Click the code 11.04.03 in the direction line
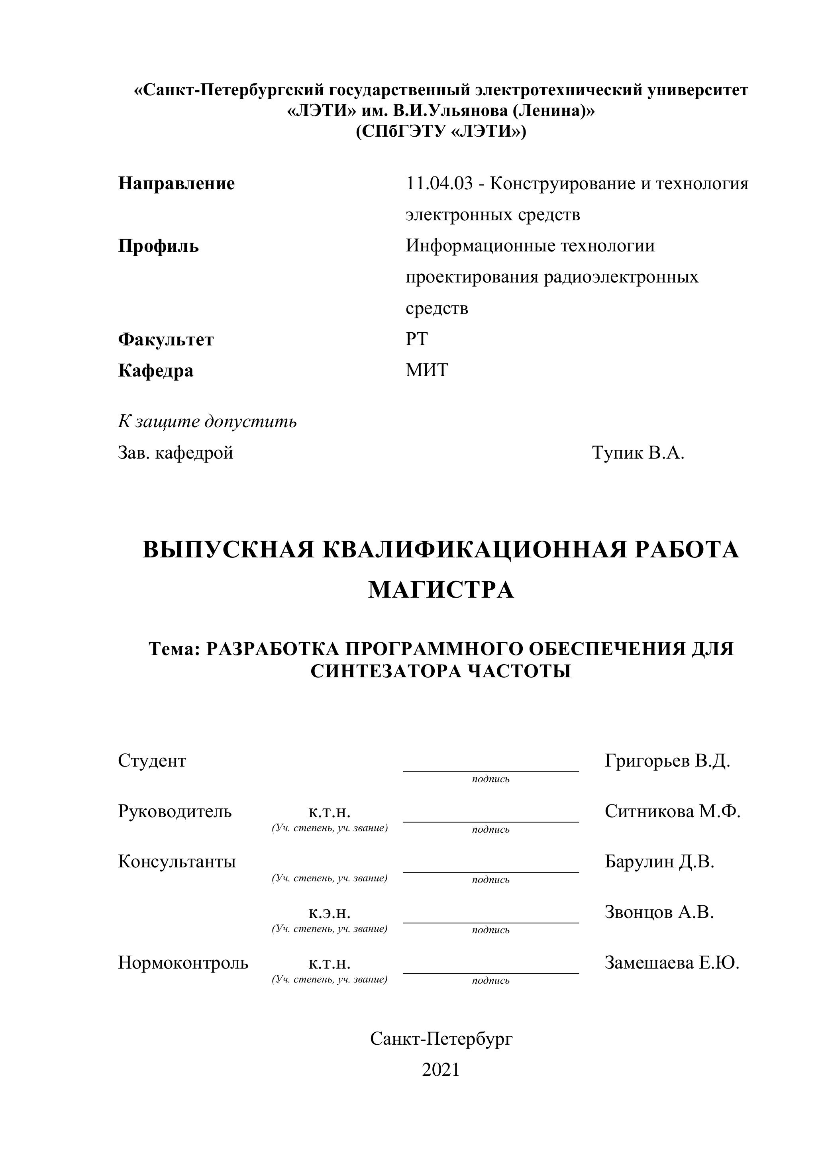439,184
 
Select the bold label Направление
177,184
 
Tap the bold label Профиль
158,247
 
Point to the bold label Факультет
166,339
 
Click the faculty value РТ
416,339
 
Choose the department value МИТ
427,371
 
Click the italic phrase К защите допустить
208,421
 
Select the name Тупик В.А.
638,453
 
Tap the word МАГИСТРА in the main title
441,590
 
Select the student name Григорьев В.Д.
667,761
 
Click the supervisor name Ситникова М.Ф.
672,811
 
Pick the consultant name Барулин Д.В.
659,861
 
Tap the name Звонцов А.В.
659,912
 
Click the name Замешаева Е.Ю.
672,963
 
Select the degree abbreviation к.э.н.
329,913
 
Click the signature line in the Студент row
490,770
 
